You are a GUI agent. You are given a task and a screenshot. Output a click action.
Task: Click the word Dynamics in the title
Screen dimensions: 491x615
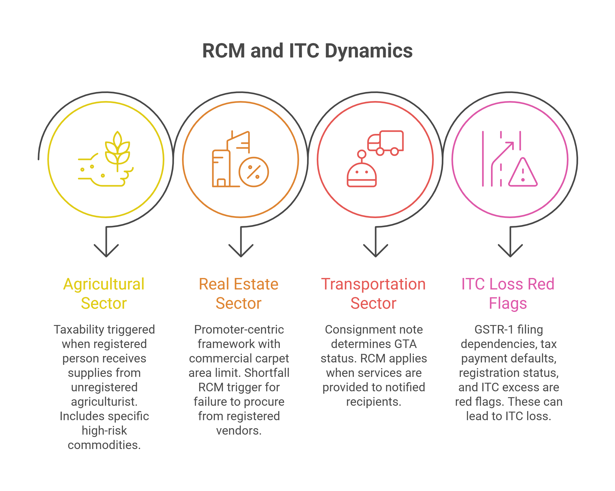pos(369,51)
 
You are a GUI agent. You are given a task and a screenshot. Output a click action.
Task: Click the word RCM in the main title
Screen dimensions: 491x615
pos(223,51)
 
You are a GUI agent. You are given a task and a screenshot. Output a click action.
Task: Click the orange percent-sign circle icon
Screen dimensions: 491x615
pos(254,172)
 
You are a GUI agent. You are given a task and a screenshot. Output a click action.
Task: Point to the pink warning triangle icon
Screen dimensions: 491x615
pos(523,173)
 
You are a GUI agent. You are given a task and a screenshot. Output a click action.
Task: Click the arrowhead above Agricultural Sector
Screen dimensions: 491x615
pos(106,251)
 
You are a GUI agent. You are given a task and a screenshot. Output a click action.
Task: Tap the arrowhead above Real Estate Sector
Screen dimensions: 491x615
pos(241,251)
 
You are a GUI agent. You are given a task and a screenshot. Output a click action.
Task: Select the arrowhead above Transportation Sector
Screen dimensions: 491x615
pos(376,251)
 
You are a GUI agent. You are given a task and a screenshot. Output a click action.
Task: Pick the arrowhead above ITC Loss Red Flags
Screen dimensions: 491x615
pos(510,251)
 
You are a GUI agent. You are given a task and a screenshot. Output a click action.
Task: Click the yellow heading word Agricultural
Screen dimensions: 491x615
pos(104,284)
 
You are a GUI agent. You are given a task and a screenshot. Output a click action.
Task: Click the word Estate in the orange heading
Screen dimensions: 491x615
pos(256,284)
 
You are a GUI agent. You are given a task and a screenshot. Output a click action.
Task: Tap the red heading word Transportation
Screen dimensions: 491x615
pos(373,284)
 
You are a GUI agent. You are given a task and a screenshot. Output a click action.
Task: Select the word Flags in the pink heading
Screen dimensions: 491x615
pos(508,303)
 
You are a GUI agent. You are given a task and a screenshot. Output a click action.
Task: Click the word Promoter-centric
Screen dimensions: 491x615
pos(239,330)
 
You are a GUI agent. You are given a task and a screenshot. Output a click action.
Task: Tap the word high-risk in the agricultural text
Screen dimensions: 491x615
pos(104,431)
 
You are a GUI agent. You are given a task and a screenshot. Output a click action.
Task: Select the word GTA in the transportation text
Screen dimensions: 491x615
pos(405,344)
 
